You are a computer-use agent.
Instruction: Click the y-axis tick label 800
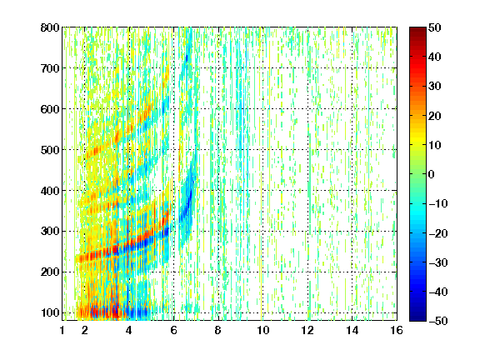point(50,27)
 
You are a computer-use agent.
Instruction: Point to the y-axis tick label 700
point(50,68)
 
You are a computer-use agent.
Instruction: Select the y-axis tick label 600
point(50,109)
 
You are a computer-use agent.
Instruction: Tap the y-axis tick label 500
point(50,150)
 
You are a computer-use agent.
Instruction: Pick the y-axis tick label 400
point(50,191)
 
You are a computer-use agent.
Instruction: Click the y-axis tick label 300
point(50,232)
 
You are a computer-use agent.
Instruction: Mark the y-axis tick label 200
point(50,272)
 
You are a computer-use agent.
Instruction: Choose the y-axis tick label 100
point(50,312)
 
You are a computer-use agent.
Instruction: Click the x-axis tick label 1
point(62,330)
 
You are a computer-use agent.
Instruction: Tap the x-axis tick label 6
point(174,330)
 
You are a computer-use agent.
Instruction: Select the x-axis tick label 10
point(263,330)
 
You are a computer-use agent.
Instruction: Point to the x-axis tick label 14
point(352,330)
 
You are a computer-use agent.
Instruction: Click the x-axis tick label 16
point(397,330)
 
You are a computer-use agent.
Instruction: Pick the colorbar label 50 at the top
point(435,27)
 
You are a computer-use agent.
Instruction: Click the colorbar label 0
point(432,174)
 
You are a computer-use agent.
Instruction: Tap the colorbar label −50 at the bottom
point(438,321)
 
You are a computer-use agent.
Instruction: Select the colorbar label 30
point(435,87)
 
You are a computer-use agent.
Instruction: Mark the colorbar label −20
point(438,233)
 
